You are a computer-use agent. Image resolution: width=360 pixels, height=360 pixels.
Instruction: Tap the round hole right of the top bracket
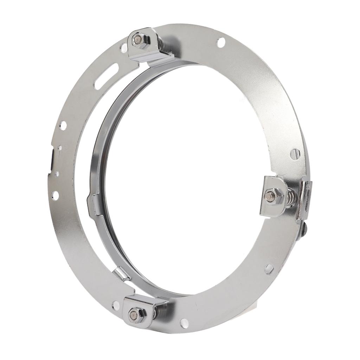click(x=221, y=43)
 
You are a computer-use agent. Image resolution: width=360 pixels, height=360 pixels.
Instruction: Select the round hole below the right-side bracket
click(x=268, y=269)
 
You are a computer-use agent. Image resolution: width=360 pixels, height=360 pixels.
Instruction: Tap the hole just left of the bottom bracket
click(x=115, y=305)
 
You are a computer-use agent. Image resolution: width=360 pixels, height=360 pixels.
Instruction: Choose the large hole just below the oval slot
click(x=63, y=125)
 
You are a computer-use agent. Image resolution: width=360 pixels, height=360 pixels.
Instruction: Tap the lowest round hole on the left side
click(x=55, y=195)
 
